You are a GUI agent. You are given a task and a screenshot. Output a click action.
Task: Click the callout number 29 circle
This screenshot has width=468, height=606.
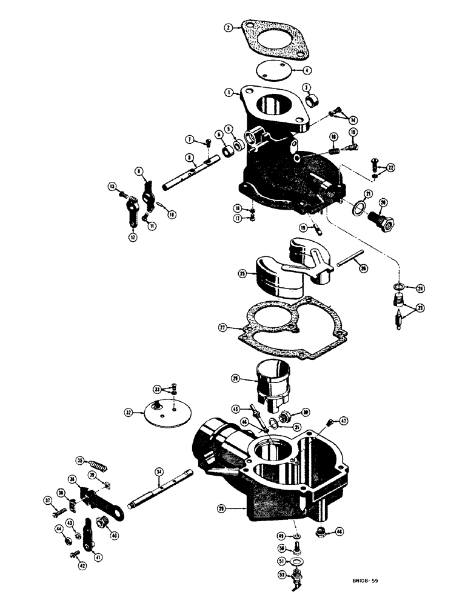point(222,509)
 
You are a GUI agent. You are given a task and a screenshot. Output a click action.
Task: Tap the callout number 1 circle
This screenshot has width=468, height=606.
point(229,93)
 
